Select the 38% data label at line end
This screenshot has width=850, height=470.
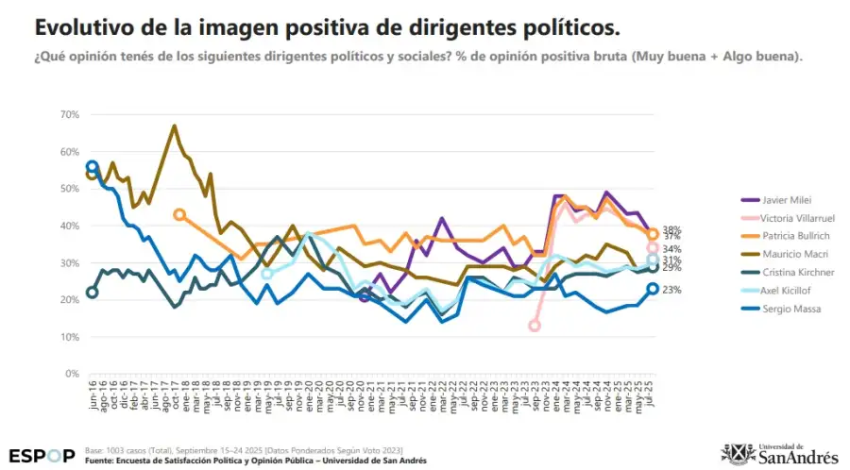(x=672, y=229)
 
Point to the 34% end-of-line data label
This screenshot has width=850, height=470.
(x=672, y=249)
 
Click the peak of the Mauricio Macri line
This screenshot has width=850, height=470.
(x=174, y=126)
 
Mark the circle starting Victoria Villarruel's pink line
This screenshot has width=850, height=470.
(x=535, y=326)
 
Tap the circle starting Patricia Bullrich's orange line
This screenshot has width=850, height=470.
(x=179, y=215)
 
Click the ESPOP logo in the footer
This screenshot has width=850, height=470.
(x=42, y=454)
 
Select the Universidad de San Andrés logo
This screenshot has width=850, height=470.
(x=779, y=453)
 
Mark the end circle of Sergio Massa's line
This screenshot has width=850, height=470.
(x=653, y=290)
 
